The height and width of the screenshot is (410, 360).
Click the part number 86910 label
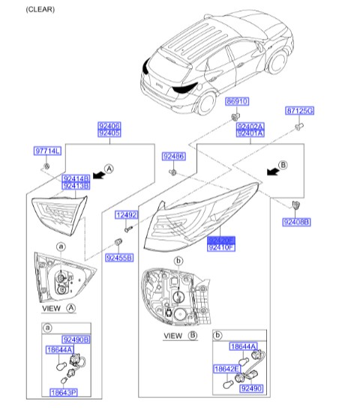(x=236, y=100)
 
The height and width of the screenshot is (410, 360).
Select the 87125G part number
(x=300, y=111)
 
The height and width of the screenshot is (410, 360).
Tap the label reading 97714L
(x=47, y=151)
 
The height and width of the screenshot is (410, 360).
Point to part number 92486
(x=174, y=156)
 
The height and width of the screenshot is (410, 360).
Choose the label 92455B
(x=118, y=257)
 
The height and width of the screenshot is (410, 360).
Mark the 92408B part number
(x=296, y=222)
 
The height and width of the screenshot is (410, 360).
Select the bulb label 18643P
(x=64, y=392)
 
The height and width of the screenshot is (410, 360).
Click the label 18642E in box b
(x=226, y=370)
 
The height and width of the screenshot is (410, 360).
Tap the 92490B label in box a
(x=76, y=340)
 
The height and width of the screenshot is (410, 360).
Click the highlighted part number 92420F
(x=221, y=238)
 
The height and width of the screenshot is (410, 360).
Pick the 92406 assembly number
(x=109, y=125)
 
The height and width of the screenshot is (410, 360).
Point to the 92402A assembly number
(x=250, y=127)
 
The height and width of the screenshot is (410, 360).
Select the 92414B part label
(x=75, y=178)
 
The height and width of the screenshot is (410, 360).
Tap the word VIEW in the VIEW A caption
(x=51, y=308)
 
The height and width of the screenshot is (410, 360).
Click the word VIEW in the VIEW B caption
(x=172, y=336)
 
